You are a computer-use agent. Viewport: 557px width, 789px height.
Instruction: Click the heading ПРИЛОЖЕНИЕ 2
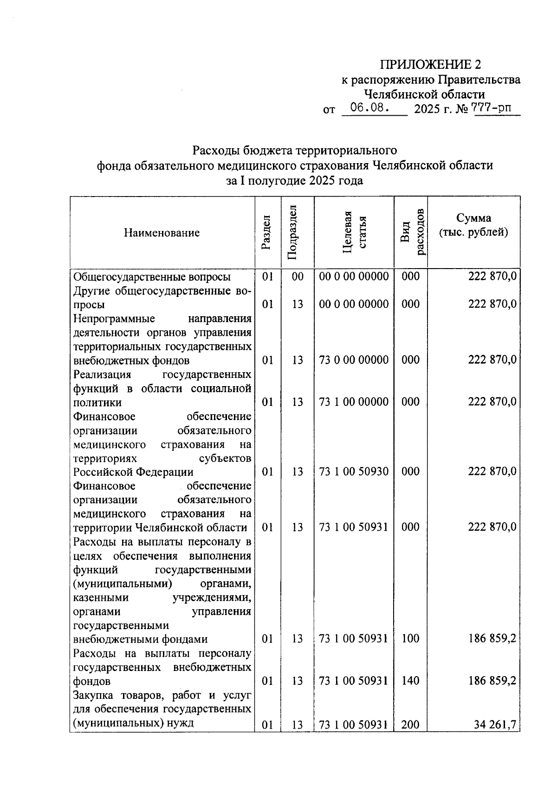coord(431,64)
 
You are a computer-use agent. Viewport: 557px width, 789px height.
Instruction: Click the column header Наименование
coord(162,233)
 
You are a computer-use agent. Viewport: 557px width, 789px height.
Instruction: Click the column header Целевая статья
coord(354,232)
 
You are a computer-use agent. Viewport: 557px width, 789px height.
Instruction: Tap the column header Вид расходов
coord(411,232)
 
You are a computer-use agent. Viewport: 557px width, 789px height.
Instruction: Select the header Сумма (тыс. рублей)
coord(473,225)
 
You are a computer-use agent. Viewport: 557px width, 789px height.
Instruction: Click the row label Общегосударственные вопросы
coord(152,277)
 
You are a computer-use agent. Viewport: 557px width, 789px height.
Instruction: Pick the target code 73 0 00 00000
coord(354,360)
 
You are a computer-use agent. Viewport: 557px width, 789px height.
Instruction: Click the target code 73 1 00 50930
coord(354,472)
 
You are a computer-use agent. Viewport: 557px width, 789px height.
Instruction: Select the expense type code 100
coord(410,639)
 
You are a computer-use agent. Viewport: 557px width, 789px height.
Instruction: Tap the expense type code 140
coord(410,681)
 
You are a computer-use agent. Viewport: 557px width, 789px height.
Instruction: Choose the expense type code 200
coord(410,724)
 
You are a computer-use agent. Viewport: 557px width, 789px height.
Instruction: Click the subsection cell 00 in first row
coord(298,277)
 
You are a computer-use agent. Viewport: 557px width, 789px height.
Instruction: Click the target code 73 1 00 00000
coord(354,402)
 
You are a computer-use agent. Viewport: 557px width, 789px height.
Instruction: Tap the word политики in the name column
coord(97,402)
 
